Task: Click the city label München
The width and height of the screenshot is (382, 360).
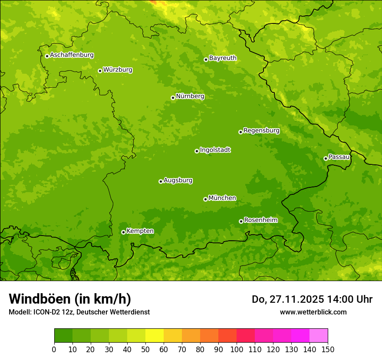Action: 222,198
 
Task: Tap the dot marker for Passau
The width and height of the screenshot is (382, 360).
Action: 326,158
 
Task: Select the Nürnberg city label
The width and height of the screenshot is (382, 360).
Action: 190,96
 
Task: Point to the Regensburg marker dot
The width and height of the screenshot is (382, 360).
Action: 240,132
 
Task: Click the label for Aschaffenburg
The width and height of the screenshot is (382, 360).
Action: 72,55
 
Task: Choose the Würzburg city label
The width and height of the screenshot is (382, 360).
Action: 118,70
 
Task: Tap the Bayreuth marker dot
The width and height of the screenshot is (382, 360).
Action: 206,59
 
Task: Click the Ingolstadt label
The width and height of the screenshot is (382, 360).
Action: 215,150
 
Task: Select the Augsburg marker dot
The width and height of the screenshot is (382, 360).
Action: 161,181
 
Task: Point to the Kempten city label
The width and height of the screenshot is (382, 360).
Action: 140,231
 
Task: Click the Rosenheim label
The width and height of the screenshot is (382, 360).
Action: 260,220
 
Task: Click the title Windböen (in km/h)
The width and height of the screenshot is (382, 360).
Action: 70,299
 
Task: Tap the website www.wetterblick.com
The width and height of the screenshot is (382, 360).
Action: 313,312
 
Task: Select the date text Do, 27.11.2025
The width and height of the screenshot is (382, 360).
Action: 286,299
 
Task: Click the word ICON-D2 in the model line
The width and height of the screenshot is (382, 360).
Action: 47,312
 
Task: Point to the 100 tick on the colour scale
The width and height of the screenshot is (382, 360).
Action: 237,349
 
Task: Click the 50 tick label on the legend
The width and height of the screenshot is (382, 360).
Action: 145,349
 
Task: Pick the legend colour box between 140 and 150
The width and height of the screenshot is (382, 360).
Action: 319,336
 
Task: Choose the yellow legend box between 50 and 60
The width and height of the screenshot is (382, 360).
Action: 155,336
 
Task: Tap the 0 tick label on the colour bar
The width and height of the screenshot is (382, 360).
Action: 54,349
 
